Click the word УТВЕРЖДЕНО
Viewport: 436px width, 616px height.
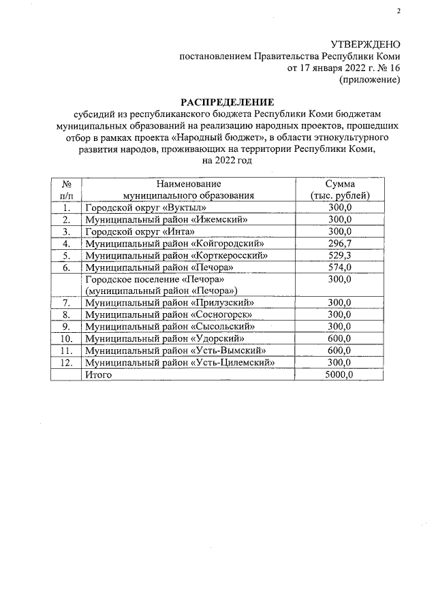coord(365,44)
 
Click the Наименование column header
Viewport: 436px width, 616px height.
coord(189,184)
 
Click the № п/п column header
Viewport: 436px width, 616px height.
coord(67,189)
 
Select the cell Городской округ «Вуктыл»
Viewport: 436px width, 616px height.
coord(145,208)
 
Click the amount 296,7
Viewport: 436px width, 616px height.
coord(339,243)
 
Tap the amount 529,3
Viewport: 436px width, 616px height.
coord(339,255)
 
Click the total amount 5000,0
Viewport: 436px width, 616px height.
coord(339,375)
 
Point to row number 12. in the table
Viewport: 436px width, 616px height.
coord(67,363)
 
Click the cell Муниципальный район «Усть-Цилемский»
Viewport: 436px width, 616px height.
coord(179,363)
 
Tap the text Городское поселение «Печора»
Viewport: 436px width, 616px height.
coord(155,280)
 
